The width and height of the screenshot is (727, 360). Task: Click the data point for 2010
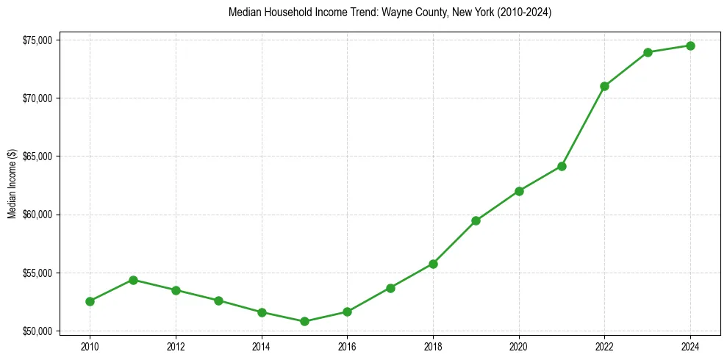click(90, 301)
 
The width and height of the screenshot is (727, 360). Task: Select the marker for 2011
click(133, 280)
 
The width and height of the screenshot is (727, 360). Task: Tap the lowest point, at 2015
click(304, 321)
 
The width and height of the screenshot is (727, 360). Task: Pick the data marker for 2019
click(476, 220)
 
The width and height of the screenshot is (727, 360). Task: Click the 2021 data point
click(562, 166)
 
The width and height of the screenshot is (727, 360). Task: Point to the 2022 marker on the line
click(604, 86)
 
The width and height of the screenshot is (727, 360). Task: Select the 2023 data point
click(648, 52)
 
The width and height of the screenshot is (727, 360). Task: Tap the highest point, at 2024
click(690, 46)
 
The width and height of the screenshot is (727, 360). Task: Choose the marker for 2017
click(390, 288)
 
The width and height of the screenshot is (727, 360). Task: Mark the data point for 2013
click(218, 300)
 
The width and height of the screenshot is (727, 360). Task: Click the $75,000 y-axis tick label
click(37, 40)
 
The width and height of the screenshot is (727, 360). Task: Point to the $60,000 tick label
click(37, 215)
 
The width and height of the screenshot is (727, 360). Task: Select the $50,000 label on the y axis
click(37, 331)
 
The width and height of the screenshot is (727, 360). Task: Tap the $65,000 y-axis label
click(37, 156)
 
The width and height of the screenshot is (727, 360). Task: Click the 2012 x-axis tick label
click(176, 346)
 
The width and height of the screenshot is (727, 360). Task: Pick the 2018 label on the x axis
click(433, 346)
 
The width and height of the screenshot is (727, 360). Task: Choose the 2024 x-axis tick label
click(690, 346)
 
